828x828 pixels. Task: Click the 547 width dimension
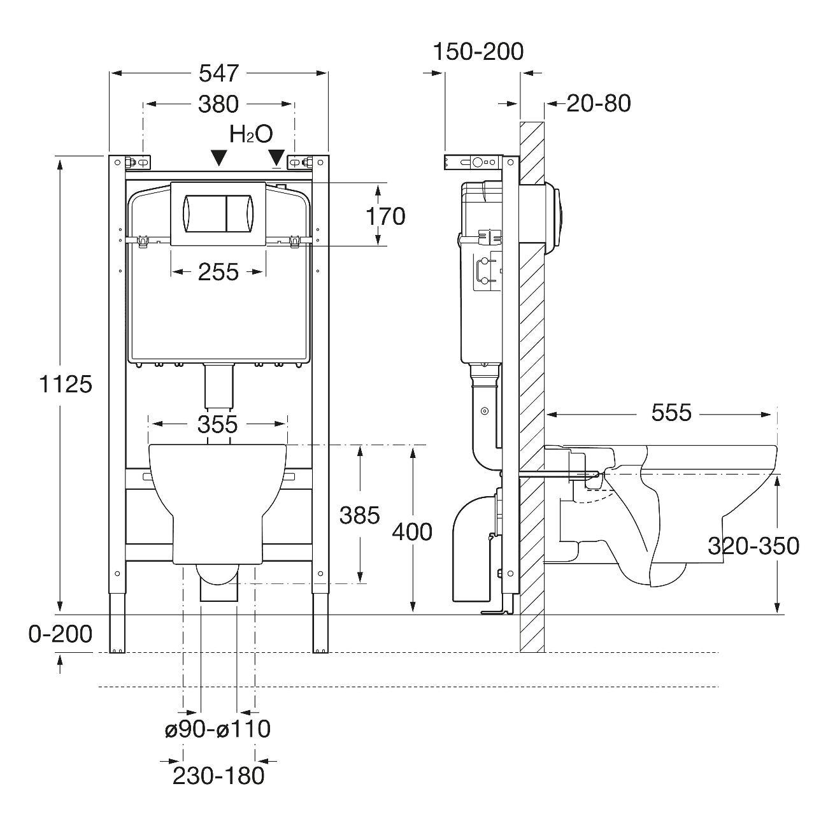(218, 73)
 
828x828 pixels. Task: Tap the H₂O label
(251, 134)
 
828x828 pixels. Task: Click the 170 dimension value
(385, 216)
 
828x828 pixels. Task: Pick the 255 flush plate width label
(218, 272)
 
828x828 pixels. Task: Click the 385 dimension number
(359, 515)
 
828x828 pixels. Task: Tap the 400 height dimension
(411, 531)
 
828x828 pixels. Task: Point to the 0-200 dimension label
(61, 634)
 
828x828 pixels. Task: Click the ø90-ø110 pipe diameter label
(218, 729)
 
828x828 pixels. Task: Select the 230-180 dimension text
(218, 775)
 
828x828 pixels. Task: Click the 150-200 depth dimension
(478, 51)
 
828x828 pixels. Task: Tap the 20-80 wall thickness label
(598, 103)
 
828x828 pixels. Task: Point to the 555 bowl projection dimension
(671, 413)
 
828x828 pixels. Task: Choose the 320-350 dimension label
(753, 546)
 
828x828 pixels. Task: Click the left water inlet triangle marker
(218, 157)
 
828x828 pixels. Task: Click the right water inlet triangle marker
(276, 157)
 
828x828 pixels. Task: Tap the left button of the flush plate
(204, 213)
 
